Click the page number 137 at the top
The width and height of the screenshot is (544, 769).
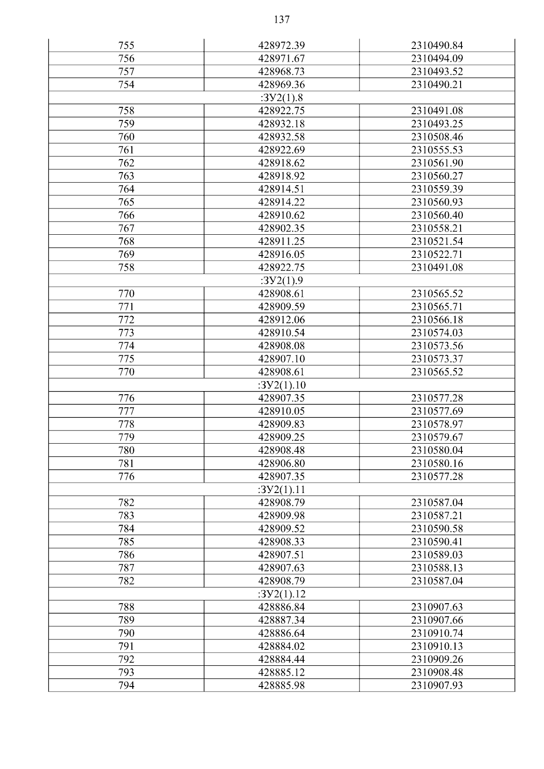[282, 19]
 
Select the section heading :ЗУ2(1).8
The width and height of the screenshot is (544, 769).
[282, 98]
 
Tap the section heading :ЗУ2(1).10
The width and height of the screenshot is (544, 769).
[282, 385]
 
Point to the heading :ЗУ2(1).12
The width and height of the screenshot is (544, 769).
[282, 594]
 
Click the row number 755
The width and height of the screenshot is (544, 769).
[126, 46]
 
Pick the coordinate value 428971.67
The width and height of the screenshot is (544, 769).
[282, 58]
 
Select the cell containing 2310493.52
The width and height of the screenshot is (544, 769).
[437, 72]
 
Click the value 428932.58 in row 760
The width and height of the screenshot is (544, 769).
[282, 137]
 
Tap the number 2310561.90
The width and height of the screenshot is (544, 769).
[437, 163]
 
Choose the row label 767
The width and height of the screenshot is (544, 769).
[126, 228]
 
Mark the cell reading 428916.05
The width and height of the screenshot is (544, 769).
[282, 255]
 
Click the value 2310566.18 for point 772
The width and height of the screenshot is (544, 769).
[437, 320]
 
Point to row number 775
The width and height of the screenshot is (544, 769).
[126, 359]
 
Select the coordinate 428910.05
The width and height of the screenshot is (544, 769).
[282, 411]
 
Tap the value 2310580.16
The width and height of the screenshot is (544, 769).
[437, 464]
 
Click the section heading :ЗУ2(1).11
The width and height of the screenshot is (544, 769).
[282, 490]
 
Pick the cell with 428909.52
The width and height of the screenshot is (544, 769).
[282, 529]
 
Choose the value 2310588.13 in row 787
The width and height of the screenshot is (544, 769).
[437, 568]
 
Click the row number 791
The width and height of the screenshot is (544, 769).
[126, 646]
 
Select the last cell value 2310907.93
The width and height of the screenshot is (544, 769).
[437, 686]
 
